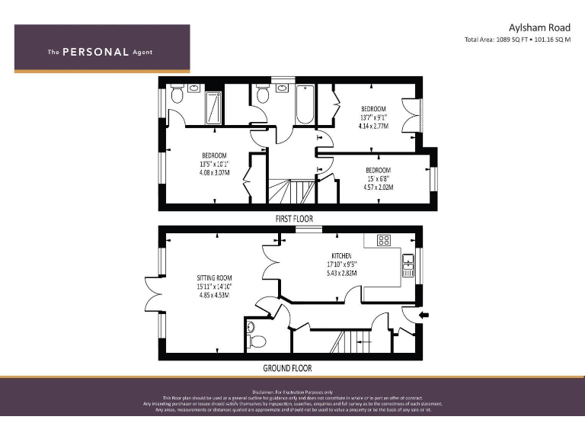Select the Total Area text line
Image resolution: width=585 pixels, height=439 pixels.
(x=517, y=40)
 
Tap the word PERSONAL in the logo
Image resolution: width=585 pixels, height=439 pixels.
(x=95, y=52)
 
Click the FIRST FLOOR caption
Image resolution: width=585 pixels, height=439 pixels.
(x=293, y=218)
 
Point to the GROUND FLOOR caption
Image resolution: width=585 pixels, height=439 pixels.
(x=287, y=367)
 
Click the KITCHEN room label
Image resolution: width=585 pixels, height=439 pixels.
(x=341, y=255)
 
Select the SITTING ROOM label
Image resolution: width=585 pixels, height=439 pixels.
(x=214, y=278)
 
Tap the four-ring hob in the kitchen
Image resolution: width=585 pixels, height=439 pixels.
(x=384, y=240)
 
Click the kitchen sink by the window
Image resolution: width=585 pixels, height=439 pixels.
(x=408, y=267)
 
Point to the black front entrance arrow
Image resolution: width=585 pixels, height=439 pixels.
(x=424, y=314)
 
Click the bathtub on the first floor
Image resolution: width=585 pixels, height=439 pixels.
(x=305, y=106)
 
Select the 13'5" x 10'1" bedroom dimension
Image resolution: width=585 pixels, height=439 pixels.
(x=214, y=164)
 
